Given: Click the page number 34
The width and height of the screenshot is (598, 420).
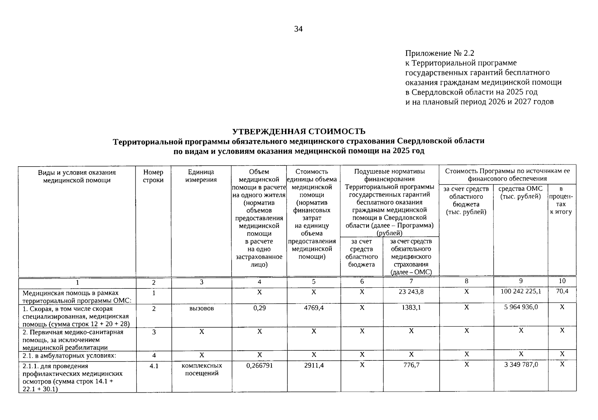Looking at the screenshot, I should tap(298, 29).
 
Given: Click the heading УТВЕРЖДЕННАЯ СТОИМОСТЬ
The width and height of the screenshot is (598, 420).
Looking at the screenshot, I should tap(299, 131).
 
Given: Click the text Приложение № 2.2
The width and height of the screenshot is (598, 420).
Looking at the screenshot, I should tap(440, 53).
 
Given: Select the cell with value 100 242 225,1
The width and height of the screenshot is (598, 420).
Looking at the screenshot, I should tap(520, 291).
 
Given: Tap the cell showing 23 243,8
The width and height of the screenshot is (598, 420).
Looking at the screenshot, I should tap(411, 291).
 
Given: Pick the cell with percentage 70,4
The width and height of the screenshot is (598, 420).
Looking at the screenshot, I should tap(562, 291).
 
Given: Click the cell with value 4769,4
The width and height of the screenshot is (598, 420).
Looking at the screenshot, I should tap(313, 308).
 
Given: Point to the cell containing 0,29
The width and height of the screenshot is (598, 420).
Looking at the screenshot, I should tap(259, 308).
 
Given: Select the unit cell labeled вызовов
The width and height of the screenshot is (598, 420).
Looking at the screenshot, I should tap(201, 308).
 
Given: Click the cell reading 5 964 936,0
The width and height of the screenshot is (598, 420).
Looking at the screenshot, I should tap(521, 307).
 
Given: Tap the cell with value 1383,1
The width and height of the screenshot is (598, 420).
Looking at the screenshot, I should tap(411, 308).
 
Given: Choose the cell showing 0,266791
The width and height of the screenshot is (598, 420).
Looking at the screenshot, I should tap(259, 365).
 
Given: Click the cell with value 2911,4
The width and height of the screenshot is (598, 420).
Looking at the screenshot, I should tap(313, 365).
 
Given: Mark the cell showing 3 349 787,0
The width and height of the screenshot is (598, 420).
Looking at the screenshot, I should tap(521, 364).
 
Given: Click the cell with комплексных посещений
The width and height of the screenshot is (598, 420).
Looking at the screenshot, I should tap(201, 369).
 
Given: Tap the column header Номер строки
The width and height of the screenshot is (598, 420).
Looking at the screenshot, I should tap(153, 176).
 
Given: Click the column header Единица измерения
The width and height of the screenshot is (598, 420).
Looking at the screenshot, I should tap(201, 176).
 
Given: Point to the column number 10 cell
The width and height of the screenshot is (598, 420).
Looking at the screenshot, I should tap(562, 281).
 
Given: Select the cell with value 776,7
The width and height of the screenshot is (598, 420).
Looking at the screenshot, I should tap(411, 365).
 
